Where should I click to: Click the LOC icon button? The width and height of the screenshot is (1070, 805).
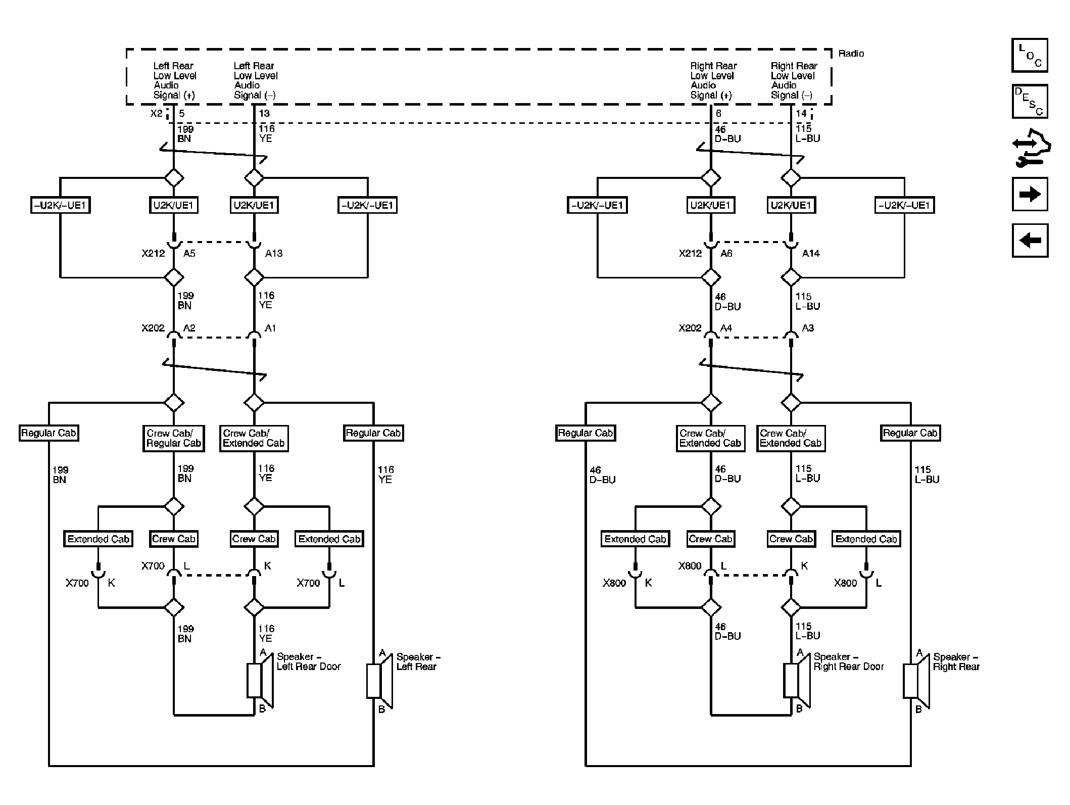[x=1030, y=55]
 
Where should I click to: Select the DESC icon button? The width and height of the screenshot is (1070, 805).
[x=1030, y=101]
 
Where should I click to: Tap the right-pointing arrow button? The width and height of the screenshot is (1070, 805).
[x=1030, y=194]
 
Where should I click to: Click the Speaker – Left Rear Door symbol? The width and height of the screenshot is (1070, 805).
[x=259, y=681]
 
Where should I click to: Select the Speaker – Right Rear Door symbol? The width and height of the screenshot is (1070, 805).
[x=796, y=681]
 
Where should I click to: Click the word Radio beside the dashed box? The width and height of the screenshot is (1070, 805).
[x=851, y=54]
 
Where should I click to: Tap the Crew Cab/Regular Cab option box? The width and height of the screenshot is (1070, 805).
[x=173, y=438]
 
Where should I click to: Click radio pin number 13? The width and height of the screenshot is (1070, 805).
[x=264, y=114]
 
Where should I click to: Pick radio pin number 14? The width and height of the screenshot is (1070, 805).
[x=801, y=114]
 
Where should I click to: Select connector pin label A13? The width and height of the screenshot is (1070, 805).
[x=274, y=253]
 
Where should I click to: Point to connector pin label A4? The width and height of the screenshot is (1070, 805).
[x=726, y=328]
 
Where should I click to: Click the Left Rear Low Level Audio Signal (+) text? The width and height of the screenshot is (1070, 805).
[x=174, y=80]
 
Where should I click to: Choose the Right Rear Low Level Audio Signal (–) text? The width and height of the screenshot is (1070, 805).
[x=793, y=80]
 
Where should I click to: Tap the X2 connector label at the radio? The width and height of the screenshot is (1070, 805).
[x=157, y=114]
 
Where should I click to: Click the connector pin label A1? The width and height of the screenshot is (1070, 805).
[x=270, y=328]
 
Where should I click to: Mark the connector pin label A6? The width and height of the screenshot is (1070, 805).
[x=726, y=253]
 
